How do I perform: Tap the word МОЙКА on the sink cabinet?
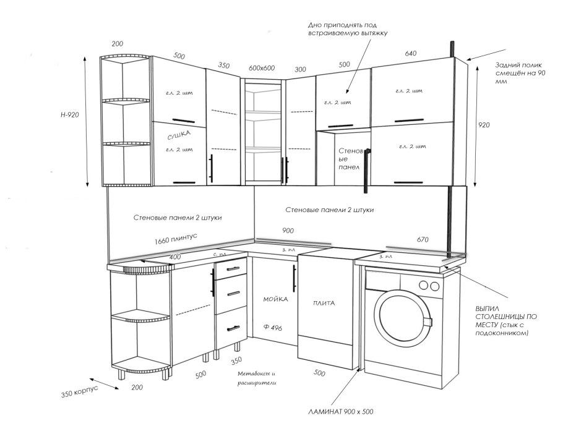pos(275,299)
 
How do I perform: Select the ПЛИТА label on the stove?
pos(324,303)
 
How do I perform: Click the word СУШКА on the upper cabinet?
pos(179,134)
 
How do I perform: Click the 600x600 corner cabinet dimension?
pos(262,67)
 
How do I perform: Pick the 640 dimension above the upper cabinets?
pos(410,54)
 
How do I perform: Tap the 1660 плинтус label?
pos(177,237)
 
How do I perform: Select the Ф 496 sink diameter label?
pos(272,328)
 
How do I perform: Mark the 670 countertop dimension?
pos(423,240)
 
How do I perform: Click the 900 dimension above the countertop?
pos(288,230)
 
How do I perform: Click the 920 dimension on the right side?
pos(484,125)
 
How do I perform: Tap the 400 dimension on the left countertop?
pos(175,257)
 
